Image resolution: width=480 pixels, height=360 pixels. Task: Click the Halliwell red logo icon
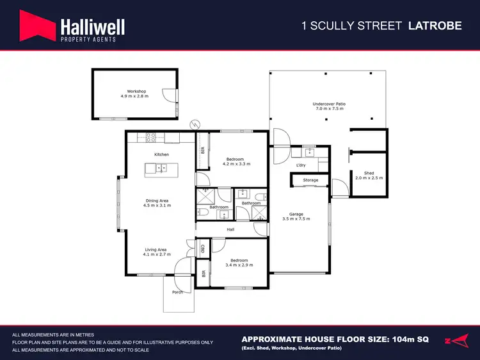tap(37, 28)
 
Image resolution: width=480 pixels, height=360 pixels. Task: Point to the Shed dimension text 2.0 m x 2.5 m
tap(369, 177)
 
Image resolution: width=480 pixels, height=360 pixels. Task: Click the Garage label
tap(296, 214)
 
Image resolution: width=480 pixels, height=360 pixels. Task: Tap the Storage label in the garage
tap(310, 181)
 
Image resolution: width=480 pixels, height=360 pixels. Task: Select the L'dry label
tap(301, 165)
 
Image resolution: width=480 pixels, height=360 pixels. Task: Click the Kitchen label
tap(161, 155)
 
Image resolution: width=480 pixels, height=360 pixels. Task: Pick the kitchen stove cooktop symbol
tap(152, 136)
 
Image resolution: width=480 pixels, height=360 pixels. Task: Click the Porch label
tap(177, 292)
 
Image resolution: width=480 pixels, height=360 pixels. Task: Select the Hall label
tap(230, 229)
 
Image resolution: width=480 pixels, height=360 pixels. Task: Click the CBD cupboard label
tap(203, 248)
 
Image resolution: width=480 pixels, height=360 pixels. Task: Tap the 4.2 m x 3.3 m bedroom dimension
tap(236, 164)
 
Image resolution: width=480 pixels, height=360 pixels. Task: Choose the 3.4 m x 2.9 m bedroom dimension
tap(239, 265)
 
